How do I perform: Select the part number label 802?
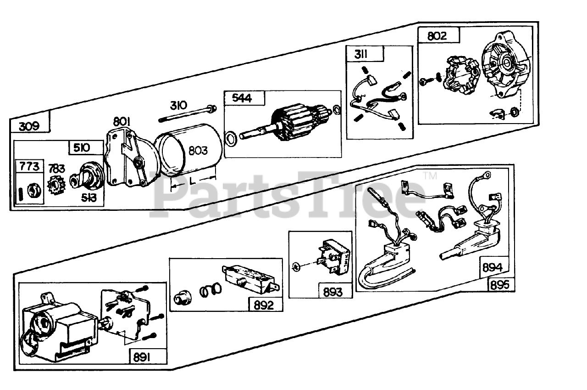tap(437, 36)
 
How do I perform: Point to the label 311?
tap(360, 54)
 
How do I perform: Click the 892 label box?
tap(265, 305)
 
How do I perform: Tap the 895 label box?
tap(499, 285)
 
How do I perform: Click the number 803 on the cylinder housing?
tap(197, 150)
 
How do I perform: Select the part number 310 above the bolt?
tap(178, 105)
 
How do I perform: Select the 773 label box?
tap(29, 166)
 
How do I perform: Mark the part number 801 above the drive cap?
tap(122, 121)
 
